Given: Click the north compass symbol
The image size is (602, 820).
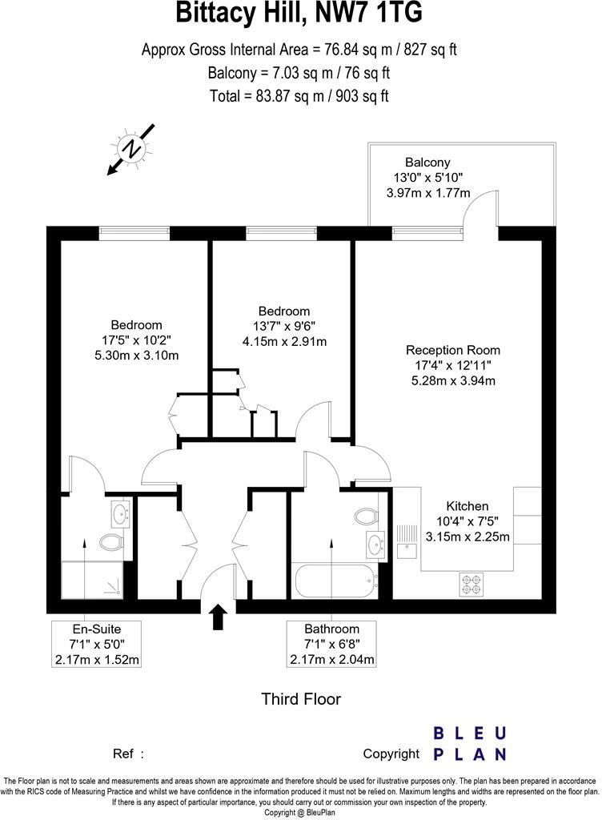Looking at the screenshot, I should coord(131,149).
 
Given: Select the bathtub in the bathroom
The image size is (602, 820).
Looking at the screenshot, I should coord(335,579).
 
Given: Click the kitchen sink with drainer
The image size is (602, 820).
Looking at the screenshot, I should coord(407,540).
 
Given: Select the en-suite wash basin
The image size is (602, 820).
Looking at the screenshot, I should coord(120,512).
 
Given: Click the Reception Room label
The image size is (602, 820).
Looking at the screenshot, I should coord(453,350).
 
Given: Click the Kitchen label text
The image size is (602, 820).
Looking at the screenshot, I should coord(468,506).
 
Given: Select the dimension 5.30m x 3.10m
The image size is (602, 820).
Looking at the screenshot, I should coord(135,355).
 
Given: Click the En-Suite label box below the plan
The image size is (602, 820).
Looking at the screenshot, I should coord(96,644).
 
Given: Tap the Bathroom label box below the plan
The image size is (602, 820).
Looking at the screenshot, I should coord(331,644).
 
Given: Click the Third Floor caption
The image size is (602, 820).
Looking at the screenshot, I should coord(301,699).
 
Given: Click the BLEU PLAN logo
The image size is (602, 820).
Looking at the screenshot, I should coord(469,743).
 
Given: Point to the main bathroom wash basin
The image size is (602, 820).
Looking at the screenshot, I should coord(375,545).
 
